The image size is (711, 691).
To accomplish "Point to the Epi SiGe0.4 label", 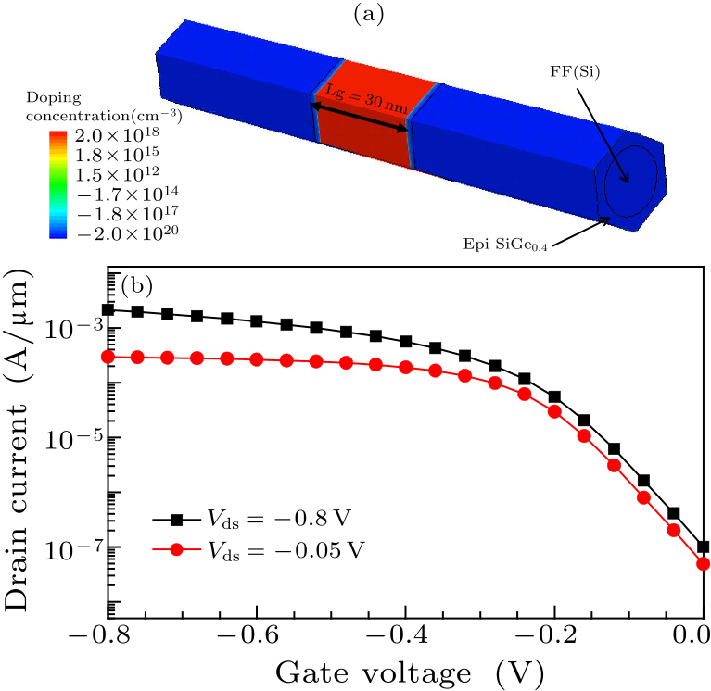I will [x=502, y=243].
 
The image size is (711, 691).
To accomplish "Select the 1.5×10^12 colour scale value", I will [x=122, y=175].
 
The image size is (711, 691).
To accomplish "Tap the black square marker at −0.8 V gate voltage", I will [x=108, y=309].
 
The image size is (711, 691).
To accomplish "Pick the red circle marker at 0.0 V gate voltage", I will [x=703, y=563].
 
